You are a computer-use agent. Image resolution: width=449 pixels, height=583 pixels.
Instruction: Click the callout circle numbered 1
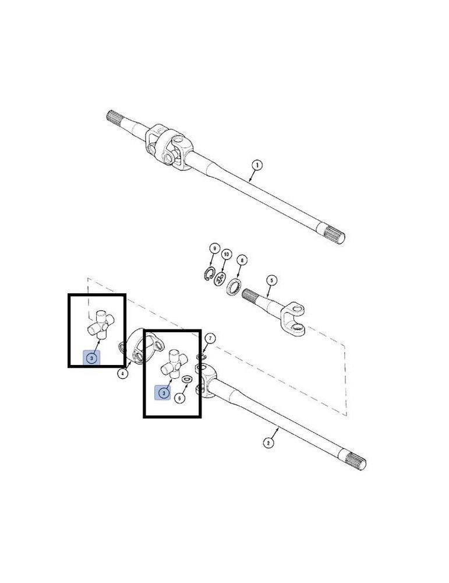(x=257, y=165)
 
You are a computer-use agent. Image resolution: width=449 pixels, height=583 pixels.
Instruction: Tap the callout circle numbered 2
(x=268, y=442)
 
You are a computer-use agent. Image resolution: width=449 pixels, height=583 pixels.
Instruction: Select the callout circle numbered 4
(x=123, y=373)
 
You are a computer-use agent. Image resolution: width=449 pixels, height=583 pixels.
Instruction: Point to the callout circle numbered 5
(x=271, y=280)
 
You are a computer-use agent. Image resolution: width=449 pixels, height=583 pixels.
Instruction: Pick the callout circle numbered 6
(x=179, y=398)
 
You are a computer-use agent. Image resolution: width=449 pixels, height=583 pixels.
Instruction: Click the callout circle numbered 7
(x=210, y=338)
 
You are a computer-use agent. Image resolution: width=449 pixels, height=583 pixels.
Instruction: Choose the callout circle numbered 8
(x=242, y=260)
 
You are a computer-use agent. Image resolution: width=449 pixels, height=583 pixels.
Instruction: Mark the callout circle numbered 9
(x=214, y=248)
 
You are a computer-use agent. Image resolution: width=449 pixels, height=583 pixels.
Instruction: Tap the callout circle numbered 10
(x=226, y=255)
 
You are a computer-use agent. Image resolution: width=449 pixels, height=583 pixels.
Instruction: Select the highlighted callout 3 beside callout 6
(x=163, y=393)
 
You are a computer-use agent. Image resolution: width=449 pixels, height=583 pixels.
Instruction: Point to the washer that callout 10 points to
(x=220, y=279)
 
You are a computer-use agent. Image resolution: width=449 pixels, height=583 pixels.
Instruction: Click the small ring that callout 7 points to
(x=201, y=358)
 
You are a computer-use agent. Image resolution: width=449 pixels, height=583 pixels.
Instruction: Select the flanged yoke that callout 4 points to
(x=141, y=345)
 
